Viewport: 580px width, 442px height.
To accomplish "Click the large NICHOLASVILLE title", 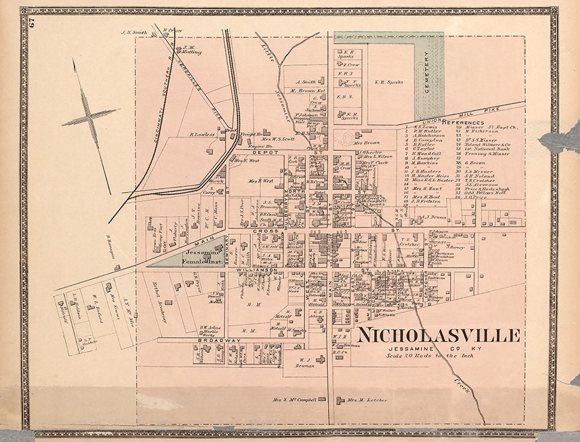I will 438,335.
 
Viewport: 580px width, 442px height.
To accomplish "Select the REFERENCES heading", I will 463,121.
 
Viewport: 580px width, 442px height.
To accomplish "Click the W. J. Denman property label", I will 305,363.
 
